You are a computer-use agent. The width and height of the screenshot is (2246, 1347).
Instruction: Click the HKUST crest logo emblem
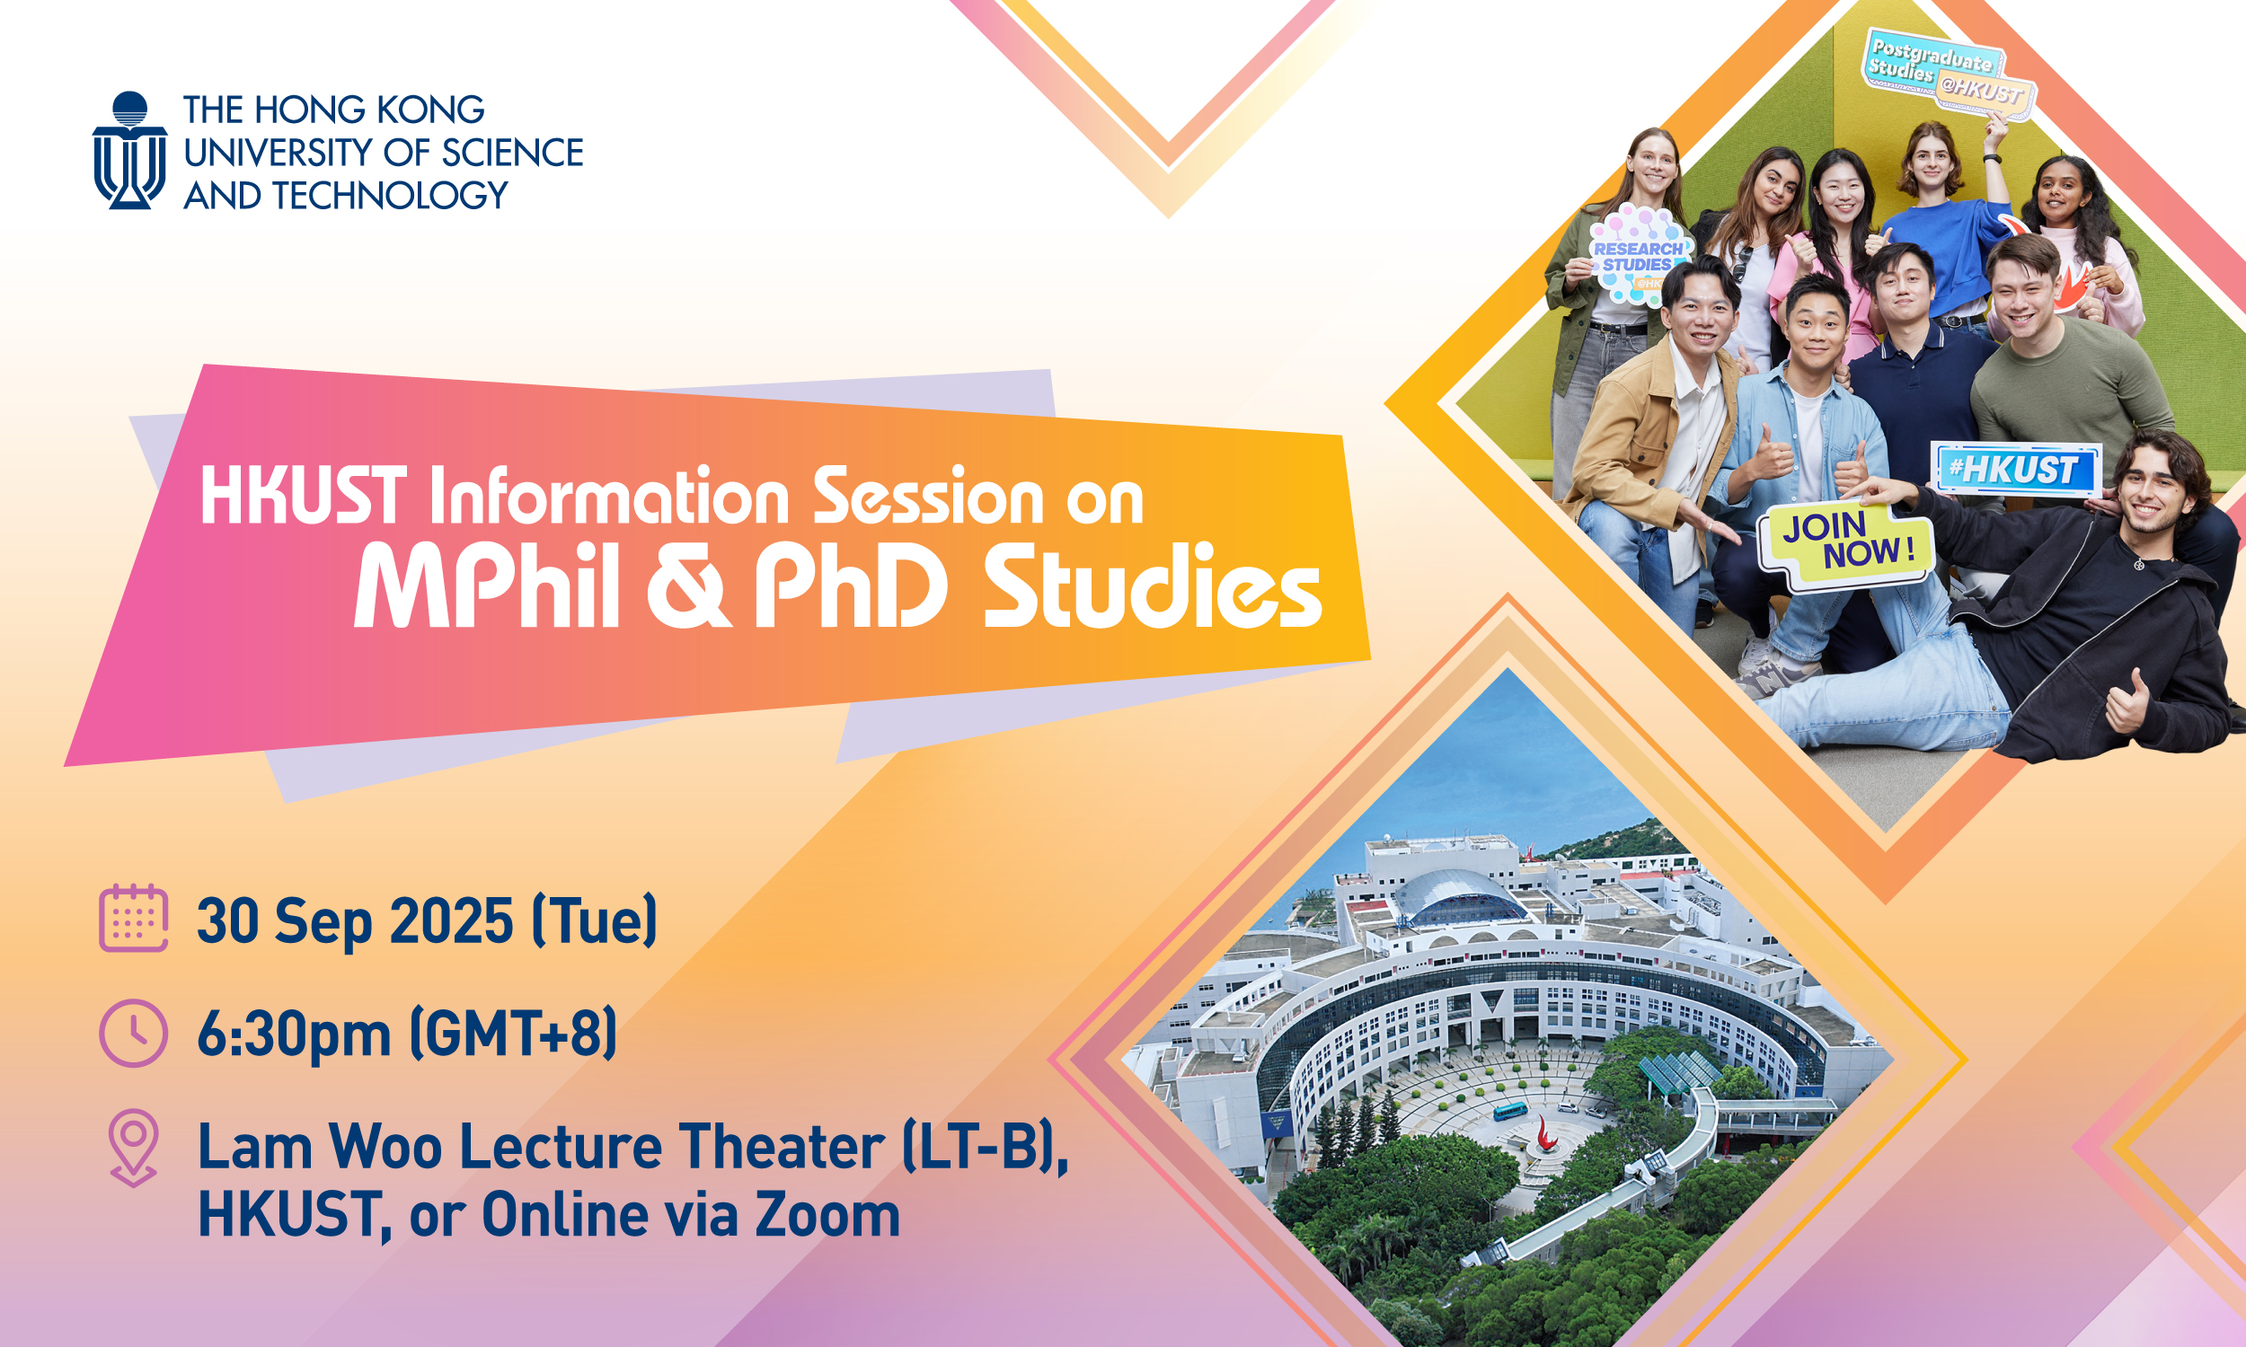pyautogui.click(x=130, y=151)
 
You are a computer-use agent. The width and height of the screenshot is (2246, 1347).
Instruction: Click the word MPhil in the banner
pyautogui.click(x=487, y=586)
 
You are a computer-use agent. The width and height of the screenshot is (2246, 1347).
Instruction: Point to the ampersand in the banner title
pyautogui.click(x=687, y=588)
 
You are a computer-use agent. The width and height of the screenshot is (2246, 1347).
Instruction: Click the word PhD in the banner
pyautogui.click(x=851, y=586)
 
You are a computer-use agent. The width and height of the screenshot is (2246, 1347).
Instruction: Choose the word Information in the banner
pyautogui.click(x=609, y=497)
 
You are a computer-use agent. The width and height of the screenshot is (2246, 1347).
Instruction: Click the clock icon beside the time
pyautogui.click(x=134, y=1033)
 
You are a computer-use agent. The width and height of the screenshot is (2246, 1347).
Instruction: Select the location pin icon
pyautogui.click(x=134, y=1149)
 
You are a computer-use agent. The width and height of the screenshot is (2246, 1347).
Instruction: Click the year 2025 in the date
pyautogui.click(x=451, y=920)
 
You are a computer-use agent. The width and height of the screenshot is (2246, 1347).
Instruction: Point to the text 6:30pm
pyautogui.click(x=293, y=1033)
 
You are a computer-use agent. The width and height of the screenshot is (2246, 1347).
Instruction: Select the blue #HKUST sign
pyautogui.click(x=2014, y=471)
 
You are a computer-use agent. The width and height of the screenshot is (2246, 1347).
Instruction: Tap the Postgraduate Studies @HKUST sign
pyautogui.click(x=1950, y=73)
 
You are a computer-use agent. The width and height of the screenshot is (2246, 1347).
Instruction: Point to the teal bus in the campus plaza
pyautogui.click(x=1509, y=1110)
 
